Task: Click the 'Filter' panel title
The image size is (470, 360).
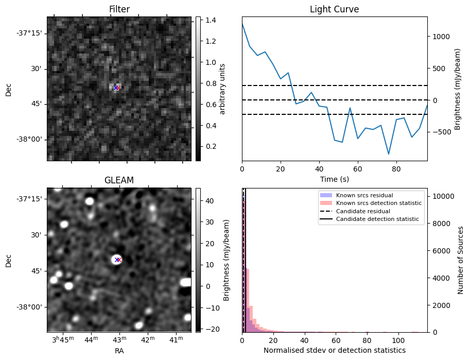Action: [x=119, y=9]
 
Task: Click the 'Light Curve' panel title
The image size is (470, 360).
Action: [x=334, y=9]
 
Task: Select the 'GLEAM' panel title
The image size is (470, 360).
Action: [x=119, y=180]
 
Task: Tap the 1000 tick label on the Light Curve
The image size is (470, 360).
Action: [x=442, y=37]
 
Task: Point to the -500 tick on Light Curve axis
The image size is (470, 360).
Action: [x=441, y=132]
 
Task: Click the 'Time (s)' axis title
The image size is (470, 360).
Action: [x=334, y=180]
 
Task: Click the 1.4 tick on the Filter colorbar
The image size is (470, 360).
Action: [x=210, y=21]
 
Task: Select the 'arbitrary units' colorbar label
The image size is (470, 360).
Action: [x=222, y=89]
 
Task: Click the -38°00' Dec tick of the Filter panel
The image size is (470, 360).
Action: [x=29, y=139]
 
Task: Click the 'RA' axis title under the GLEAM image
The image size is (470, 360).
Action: [x=119, y=351]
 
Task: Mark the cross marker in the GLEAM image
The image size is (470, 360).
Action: [x=118, y=260]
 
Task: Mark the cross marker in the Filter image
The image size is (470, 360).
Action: [x=116, y=88]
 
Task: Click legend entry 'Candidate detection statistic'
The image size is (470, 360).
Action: [x=377, y=219]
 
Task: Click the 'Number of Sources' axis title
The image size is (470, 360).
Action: [x=461, y=260]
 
